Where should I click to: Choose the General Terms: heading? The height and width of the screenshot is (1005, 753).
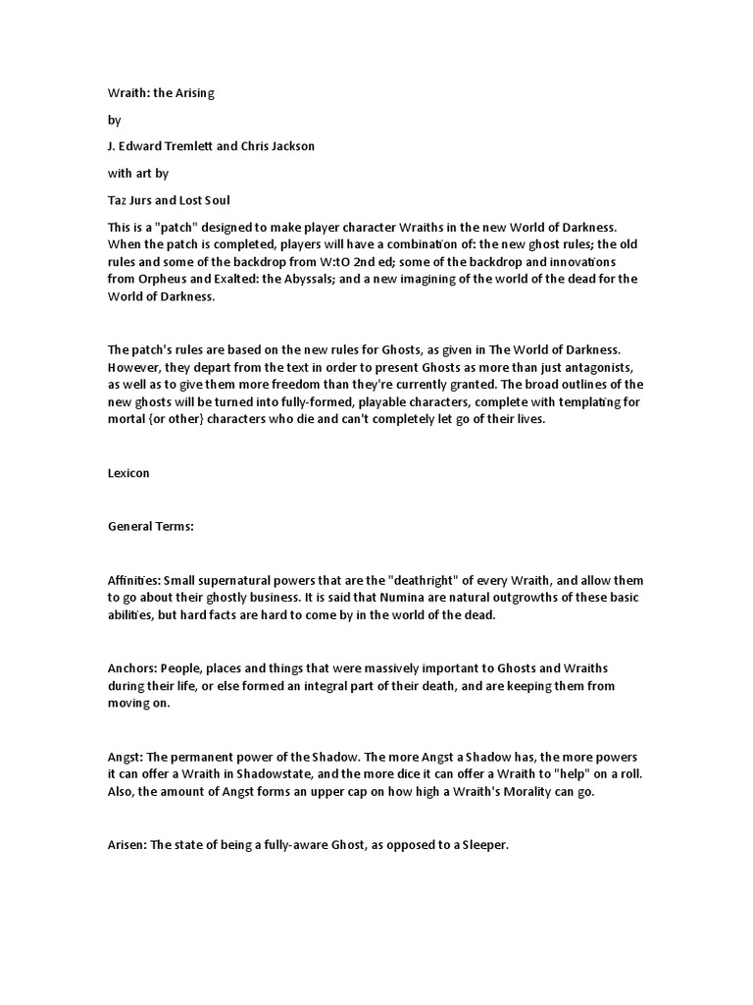click(151, 526)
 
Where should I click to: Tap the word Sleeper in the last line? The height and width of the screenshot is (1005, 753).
click(481, 845)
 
